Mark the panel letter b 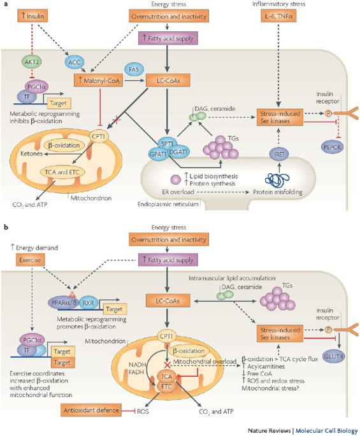point(6,226)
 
